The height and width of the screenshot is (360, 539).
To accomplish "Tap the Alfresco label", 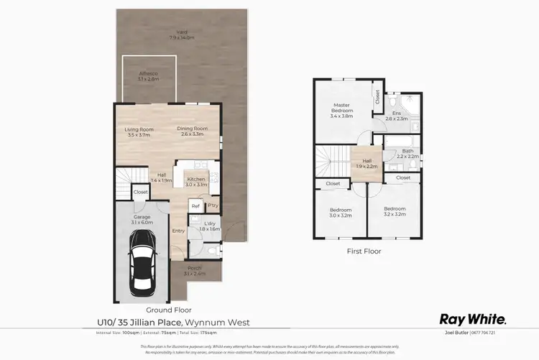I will [x=148, y=75].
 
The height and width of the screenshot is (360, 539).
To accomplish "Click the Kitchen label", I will [x=195, y=182].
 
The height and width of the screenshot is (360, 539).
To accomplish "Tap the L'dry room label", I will [x=211, y=226].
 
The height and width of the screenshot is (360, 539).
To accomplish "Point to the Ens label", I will [x=396, y=115].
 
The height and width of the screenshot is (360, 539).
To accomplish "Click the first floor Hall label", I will [x=367, y=164].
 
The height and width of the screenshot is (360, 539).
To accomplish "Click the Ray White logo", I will [x=473, y=319].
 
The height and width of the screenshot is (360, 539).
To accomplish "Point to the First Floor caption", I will [x=364, y=251].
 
